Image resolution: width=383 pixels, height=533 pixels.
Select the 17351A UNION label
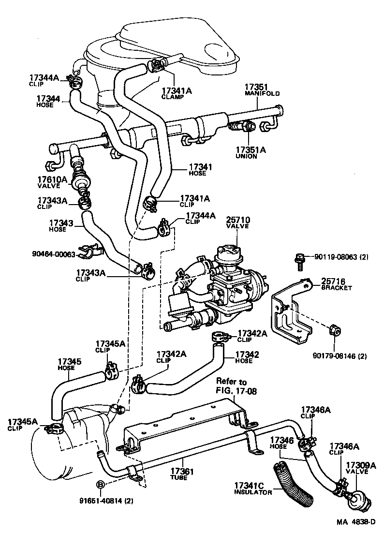pos(250,152)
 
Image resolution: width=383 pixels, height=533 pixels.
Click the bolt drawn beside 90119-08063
pos(299,261)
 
